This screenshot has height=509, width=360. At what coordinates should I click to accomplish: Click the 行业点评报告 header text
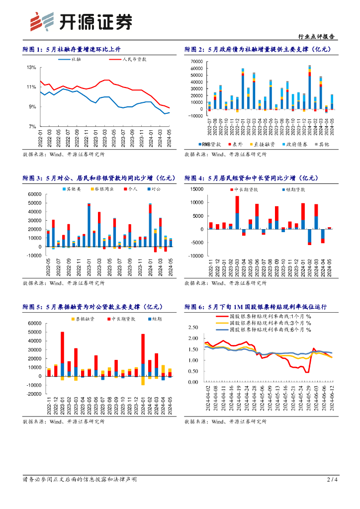click(x=316, y=37)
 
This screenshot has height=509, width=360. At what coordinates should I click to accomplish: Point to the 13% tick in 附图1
click(x=31, y=68)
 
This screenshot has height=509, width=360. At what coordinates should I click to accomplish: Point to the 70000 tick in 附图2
click(x=196, y=61)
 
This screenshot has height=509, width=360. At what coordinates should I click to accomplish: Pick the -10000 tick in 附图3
click(x=34, y=255)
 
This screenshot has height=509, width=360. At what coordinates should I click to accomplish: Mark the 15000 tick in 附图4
click(x=196, y=189)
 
